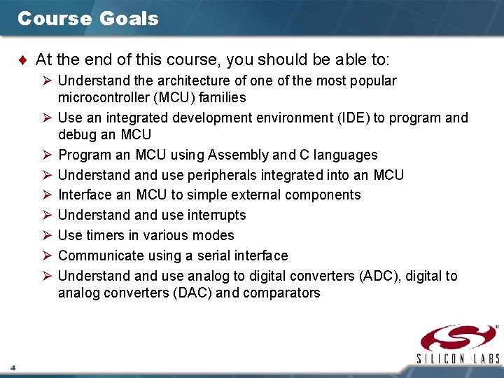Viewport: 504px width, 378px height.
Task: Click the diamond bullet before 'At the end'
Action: tap(25, 61)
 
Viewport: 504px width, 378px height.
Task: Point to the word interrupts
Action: tap(216, 215)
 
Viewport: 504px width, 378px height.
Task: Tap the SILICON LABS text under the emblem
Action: tap(459, 359)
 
